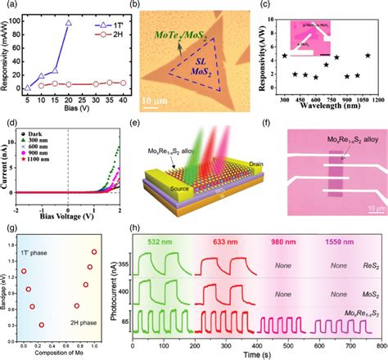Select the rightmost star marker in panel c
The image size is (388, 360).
368,56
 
